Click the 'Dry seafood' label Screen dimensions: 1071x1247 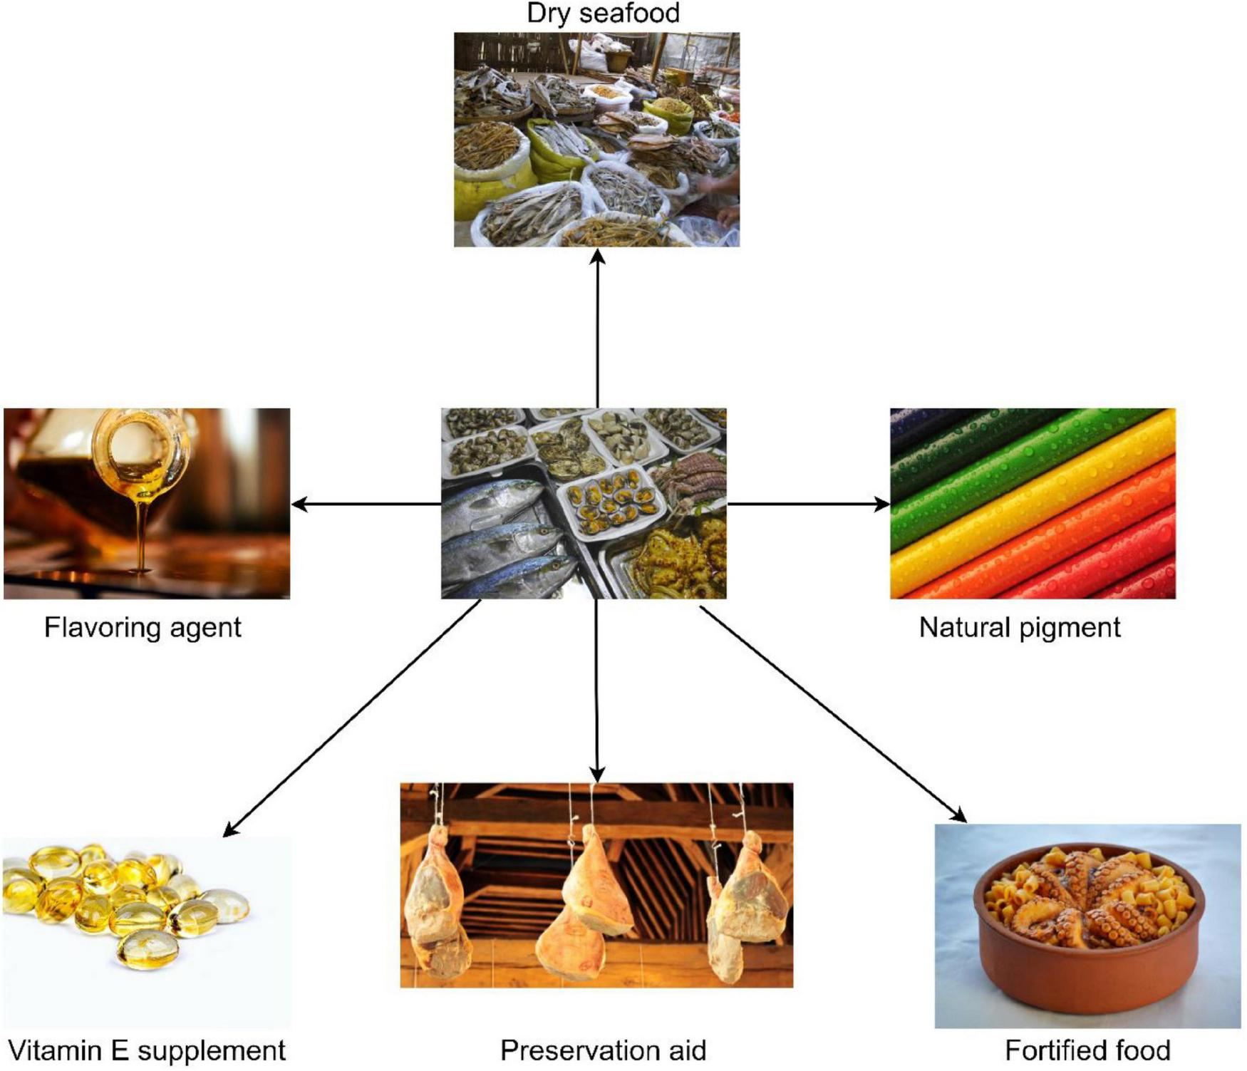[x=603, y=14]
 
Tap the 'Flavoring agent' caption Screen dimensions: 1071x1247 [x=143, y=628]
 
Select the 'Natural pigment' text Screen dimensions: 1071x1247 [x=1019, y=628]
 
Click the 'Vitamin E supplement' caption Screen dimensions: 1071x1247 [x=146, y=1050]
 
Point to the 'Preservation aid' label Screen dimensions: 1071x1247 [x=603, y=1050]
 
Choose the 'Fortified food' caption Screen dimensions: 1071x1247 [x=1087, y=1050]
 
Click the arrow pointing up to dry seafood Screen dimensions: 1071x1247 [x=597, y=328]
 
